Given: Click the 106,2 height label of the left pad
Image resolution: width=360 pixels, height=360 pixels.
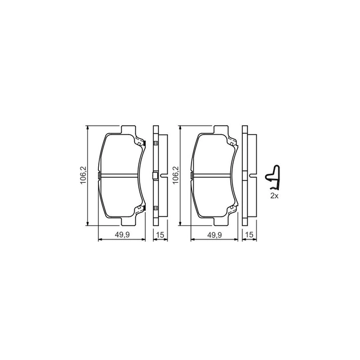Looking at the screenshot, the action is (x=83, y=175).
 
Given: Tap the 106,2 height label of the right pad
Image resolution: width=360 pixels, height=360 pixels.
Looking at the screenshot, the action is (x=176, y=175).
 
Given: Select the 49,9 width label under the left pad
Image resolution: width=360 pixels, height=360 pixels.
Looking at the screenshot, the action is (x=122, y=235).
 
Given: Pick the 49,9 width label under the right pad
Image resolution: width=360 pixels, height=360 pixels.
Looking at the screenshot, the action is (x=214, y=235).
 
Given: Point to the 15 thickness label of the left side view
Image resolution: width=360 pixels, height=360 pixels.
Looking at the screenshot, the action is (x=160, y=235).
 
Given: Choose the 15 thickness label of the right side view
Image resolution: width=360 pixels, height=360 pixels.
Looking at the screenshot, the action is (x=249, y=235).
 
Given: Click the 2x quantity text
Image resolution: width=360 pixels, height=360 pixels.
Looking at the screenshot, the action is (x=274, y=196).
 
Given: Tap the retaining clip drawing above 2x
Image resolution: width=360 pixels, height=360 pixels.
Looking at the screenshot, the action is (x=273, y=177).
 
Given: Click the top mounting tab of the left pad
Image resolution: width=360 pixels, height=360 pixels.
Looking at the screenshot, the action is (x=129, y=130).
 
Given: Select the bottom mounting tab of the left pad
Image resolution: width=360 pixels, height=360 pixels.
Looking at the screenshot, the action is (x=129, y=221).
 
